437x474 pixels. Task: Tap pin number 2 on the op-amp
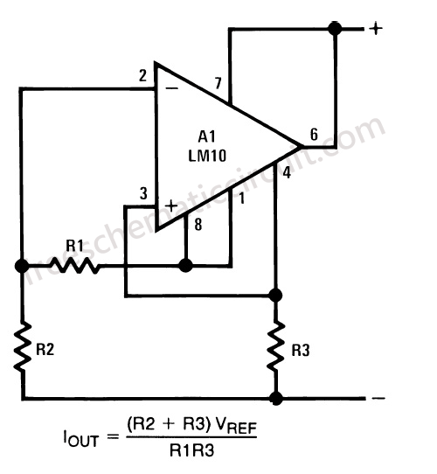point(142,75)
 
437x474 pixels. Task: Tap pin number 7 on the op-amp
point(218,84)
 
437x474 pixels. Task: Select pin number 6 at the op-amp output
point(314,136)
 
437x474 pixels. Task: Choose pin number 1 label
point(242,199)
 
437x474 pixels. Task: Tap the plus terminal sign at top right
point(376,28)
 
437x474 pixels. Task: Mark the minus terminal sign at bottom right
point(378,398)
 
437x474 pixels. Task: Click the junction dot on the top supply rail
point(334,29)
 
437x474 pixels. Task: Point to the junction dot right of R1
point(185,264)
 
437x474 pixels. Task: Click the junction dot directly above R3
point(276,295)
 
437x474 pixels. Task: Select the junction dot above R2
point(21,264)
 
